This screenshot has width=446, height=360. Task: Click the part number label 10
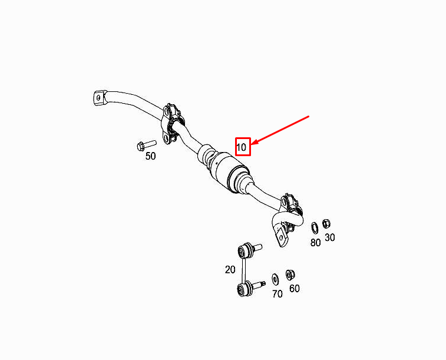pos(242,146)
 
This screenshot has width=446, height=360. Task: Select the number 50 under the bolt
pos(151,156)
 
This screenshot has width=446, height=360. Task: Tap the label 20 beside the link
pos(229,269)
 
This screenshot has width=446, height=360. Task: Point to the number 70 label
pos(277,293)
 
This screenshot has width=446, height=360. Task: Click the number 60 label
pos(295,289)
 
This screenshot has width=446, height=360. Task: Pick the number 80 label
pos(315,242)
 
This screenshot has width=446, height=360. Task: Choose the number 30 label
pos(330,237)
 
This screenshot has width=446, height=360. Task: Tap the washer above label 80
pos(315,226)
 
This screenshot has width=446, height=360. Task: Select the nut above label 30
pos(326,223)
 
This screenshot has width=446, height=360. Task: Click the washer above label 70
pos(275,278)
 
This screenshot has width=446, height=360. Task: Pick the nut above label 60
pos(290,274)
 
